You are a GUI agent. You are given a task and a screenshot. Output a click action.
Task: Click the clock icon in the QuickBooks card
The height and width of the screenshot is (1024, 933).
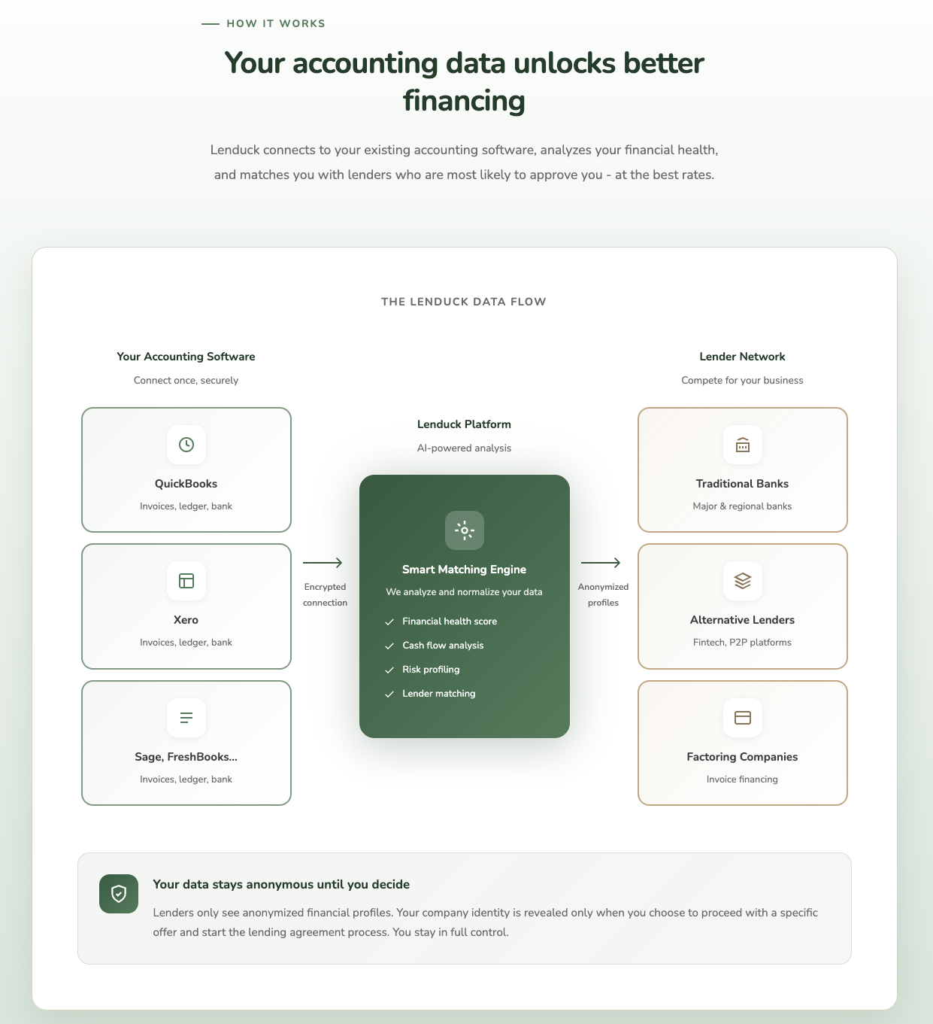[x=186, y=445]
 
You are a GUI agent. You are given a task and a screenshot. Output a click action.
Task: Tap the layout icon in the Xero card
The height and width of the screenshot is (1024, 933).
[x=186, y=581]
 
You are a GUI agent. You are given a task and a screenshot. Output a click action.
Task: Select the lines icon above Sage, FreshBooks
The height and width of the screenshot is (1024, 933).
[x=186, y=718]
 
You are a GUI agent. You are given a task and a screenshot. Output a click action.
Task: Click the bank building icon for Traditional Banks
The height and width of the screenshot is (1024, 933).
[x=743, y=445]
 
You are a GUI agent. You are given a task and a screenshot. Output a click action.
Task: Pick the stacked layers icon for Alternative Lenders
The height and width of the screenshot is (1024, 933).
[x=743, y=581]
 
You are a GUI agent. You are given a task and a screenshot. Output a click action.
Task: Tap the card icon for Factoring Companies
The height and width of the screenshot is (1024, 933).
[x=743, y=718]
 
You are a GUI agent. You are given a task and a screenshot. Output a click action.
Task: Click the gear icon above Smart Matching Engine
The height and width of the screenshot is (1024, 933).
[x=465, y=530]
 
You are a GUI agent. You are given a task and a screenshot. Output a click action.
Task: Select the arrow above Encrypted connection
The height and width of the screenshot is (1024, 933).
[x=323, y=563]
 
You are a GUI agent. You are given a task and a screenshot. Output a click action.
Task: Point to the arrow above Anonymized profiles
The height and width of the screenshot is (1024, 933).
[x=601, y=563]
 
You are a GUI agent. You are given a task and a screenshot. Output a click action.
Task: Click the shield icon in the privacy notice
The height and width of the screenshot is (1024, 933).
[x=119, y=894]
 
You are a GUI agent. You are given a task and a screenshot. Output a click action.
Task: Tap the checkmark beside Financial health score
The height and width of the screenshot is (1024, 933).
[x=389, y=622]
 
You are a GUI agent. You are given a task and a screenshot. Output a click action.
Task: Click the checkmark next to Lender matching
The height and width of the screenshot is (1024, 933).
[x=389, y=694]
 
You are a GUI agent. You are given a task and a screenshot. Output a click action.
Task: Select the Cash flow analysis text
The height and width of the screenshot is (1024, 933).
[x=443, y=646]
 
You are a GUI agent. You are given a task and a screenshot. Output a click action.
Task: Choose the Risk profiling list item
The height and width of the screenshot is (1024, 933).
[x=431, y=670]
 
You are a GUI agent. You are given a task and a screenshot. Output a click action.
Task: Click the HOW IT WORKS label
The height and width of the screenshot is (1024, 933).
[x=276, y=23]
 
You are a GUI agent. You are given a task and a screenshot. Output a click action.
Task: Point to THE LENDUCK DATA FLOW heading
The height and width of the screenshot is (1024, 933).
[x=464, y=302]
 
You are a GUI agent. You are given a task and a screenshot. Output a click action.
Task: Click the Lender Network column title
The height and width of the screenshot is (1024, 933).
[x=742, y=357]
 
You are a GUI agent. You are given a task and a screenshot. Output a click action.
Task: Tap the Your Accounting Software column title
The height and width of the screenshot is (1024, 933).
[x=186, y=357]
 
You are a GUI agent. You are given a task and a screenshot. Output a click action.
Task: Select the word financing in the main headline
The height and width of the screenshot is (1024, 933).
[x=464, y=101]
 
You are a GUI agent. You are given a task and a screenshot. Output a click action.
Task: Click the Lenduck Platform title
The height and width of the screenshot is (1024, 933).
[x=464, y=424]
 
